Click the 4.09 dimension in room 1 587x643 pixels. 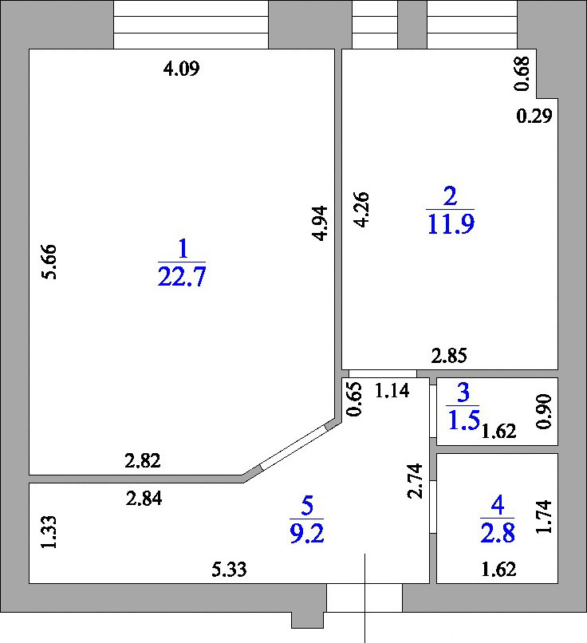click(x=181, y=69)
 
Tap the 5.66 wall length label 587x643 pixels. click(x=49, y=262)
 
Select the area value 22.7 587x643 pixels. click(x=182, y=276)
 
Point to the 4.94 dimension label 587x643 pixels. click(x=320, y=223)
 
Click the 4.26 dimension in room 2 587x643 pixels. click(x=361, y=210)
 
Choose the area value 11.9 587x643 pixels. click(x=451, y=224)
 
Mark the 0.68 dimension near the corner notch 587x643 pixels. click(x=522, y=73)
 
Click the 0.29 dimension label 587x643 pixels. click(x=534, y=116)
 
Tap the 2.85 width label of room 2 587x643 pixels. click(x=449, y=356)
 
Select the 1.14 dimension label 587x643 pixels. click(x=392, y=391)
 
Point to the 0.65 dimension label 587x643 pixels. click(x=355, y=399)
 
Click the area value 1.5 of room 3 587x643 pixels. click(x=463, y=420)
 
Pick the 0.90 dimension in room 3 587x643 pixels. click(x=545, y=412)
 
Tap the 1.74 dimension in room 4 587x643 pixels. click(x=545, y=517)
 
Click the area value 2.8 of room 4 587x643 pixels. click(x=498, y=534)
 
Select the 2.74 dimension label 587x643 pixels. click(x=415, y=480)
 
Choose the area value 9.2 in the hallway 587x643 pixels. click(x=307, y=534)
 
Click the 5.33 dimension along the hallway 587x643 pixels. click(x=229, y=570)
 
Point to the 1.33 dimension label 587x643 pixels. click(x=49, y=532)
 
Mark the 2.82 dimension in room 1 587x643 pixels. click(x=143, y=461)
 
